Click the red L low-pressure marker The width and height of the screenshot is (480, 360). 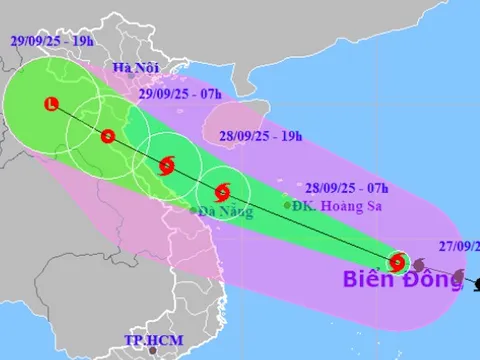click(x=52, y=103)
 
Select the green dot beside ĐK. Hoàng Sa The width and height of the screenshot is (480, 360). click(x=288, y=206)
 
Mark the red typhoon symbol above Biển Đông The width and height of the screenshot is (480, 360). click(x=397, y=263)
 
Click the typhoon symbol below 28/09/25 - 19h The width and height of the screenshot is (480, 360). click(x=222, y=189)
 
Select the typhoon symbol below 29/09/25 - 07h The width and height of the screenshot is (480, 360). click(x=166, y=165)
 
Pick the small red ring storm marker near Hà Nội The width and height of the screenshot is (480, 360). click(x=109, y=136)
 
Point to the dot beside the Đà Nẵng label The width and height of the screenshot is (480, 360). click(x=193, y=211)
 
